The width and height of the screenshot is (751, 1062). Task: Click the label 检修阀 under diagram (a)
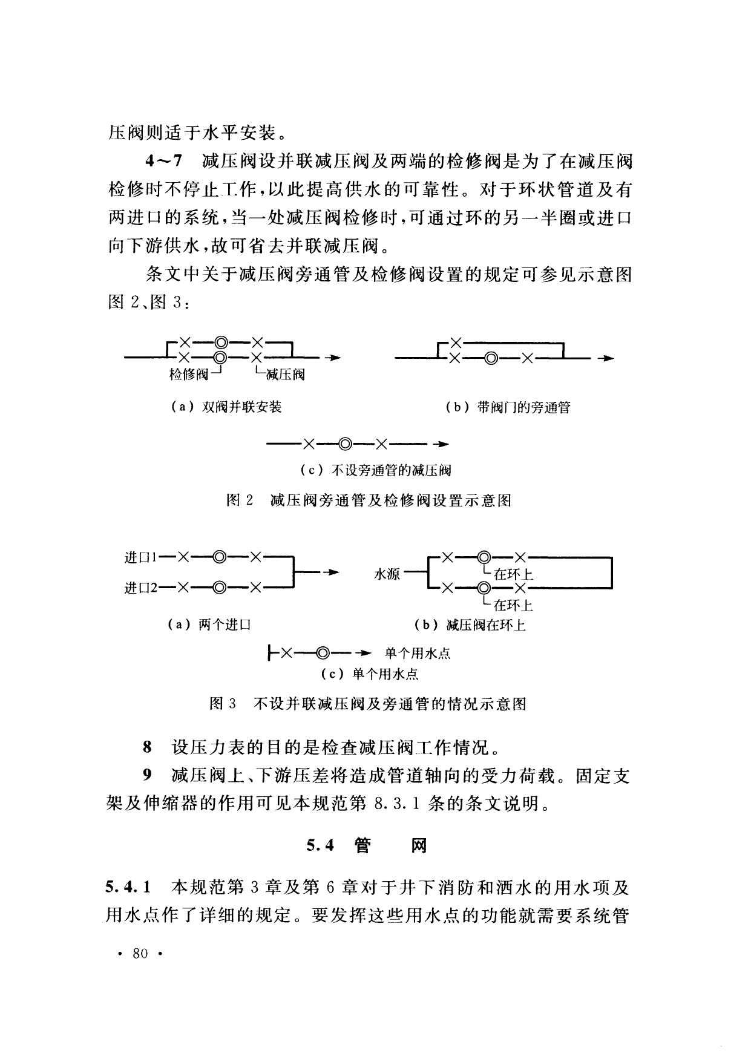188,375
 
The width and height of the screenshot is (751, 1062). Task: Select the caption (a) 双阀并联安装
227,407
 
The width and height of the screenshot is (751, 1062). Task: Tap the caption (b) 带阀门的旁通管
508,407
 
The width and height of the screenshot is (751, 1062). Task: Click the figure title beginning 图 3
367,704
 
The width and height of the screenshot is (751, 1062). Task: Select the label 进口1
140,557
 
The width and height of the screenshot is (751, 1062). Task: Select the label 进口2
140,587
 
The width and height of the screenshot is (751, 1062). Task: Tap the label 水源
387,574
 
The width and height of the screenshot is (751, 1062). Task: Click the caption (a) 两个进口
209,625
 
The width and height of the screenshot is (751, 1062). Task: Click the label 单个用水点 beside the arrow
418,654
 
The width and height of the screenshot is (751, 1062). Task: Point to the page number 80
140,954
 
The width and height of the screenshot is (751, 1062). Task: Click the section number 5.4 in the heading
321,845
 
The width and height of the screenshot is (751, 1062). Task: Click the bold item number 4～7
163,162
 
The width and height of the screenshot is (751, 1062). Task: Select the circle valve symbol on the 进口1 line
220,556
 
